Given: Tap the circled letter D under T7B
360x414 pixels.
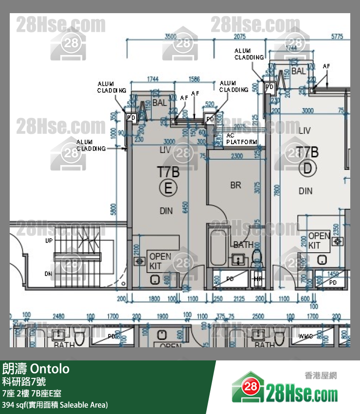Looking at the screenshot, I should [x=307, y=169].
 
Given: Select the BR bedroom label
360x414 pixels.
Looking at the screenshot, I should [x=235, y=185].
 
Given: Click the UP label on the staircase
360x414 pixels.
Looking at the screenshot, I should [x=49, y=241].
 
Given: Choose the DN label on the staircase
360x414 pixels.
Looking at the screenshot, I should [x=48, y=274].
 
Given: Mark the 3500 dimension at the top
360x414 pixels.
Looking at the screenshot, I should [x=170, y=37].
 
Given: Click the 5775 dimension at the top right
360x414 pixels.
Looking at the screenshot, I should [x=337, y=37].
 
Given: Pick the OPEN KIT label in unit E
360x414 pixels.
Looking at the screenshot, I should [x=160, y=261].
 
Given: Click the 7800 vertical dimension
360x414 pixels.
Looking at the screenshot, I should [x=277, y=190].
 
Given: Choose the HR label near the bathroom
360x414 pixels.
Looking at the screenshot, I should [x=257, y=279].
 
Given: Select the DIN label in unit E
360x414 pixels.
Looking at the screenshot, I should [x=166, y=210].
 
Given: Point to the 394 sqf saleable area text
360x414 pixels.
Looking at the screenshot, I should [x=54, y=405].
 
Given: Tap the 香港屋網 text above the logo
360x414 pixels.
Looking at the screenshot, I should [x=321, y=376].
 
